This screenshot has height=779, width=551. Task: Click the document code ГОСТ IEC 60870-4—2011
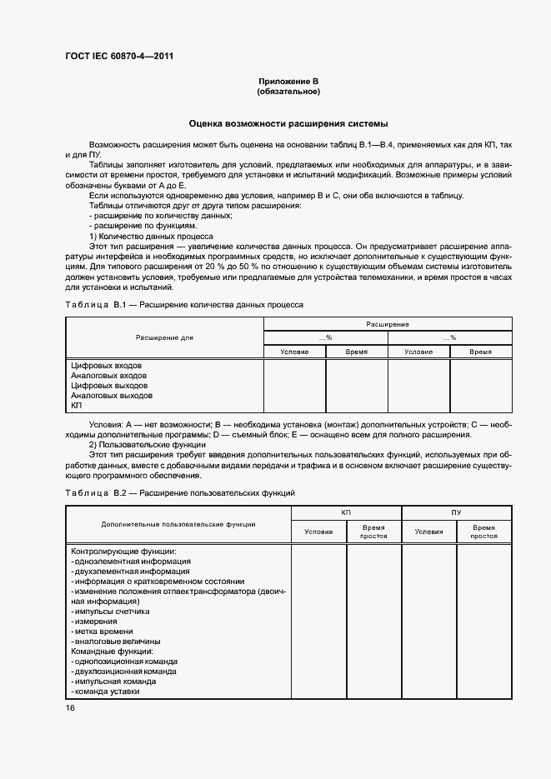[x=119, y=57]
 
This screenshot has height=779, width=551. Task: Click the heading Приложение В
[x=288, y=81]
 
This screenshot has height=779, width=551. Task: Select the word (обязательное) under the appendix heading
[x=288, y=91]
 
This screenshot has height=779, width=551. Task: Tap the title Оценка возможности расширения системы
[x=288, y=122]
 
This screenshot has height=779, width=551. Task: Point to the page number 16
[x=70, y=707]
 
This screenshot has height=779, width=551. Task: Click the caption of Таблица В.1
[x=185, y=305]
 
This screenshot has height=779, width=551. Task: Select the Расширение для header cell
[x=164, y=337]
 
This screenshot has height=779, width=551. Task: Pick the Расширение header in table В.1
[x=387, y=323]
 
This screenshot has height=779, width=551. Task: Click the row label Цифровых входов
[x=107, y=366]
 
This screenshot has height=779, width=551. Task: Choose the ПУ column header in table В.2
[x=456, y=512]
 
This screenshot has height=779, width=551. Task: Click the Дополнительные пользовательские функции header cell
[x=178, y=524]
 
